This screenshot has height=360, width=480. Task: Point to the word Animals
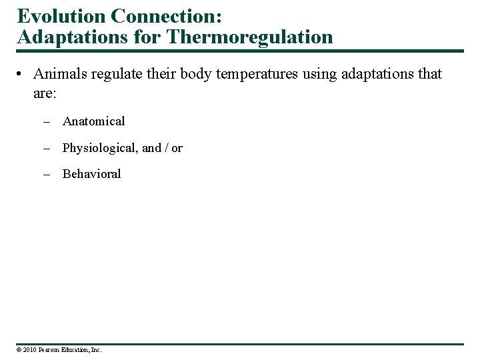pyautogui.click(x=58, y=73)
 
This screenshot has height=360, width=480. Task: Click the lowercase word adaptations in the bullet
pyautogui.click(x=377, y=74)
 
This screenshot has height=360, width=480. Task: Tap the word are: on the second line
pyautogui.click(x=45, y=93)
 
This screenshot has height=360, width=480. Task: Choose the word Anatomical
pyautogui.click(x=93, y=121)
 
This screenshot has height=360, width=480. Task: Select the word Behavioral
pyautogui.click(x=91, y=174)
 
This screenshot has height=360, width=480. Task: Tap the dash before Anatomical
pyautogui.click(x=47, y=121)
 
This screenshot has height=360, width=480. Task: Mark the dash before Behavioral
pyautogui.click(x=47, y=174)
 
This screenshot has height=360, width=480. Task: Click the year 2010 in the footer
pyautogui.click(x=29, y=350)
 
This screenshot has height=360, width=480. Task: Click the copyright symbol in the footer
pyautogui.click(x=19, y=350)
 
